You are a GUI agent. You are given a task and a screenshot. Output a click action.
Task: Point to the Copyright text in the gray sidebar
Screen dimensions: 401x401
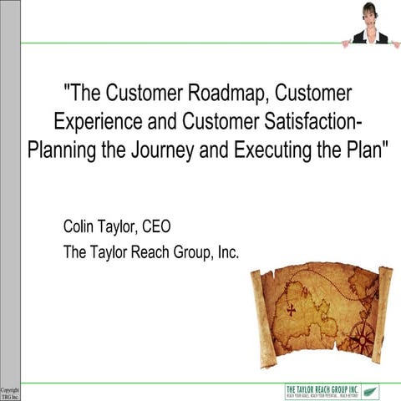pos(9,389)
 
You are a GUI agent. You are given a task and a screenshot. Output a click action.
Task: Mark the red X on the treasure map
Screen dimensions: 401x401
pos(292,309)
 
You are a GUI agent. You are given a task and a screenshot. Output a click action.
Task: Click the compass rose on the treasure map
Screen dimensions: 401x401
pos(362,338)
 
